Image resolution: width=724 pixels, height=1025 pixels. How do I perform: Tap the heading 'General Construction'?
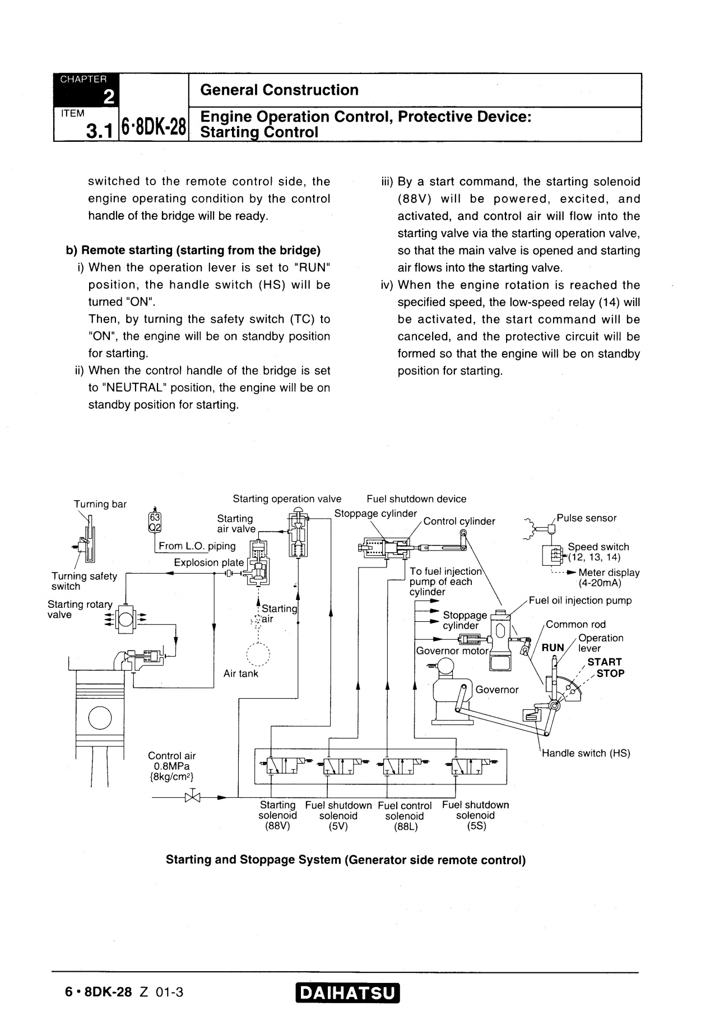tap(279, 90)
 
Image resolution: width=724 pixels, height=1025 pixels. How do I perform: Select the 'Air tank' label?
tap(241, 673)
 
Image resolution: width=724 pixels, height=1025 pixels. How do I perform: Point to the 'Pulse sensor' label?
tap(586, 518)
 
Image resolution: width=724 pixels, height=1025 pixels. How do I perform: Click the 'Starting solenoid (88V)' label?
tap(277, 815)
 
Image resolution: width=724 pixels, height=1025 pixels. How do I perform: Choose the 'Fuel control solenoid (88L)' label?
tap(405, 816)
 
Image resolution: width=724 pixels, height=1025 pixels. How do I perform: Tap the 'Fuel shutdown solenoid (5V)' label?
tap(338, 815)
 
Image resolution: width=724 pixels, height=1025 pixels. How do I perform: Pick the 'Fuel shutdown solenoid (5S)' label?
tap(475, 815)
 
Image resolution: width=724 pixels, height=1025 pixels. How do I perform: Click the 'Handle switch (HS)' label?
tap(586, 753)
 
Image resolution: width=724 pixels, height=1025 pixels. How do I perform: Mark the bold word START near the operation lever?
tap(604, 662)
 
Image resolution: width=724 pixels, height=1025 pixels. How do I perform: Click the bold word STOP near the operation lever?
tap(610, 673)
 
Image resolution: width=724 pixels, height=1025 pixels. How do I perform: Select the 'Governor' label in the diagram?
tap(497, 690)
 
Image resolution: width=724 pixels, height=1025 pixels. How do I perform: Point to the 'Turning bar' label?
tap(100, 504)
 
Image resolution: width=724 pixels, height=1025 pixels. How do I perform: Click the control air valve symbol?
tap(192, 797)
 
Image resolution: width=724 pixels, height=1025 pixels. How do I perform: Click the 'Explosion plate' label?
tap(208, 562)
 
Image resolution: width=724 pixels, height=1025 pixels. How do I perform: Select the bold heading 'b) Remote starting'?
tap(193, 250)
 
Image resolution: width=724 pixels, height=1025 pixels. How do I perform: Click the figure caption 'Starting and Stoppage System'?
tap(346, 860)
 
